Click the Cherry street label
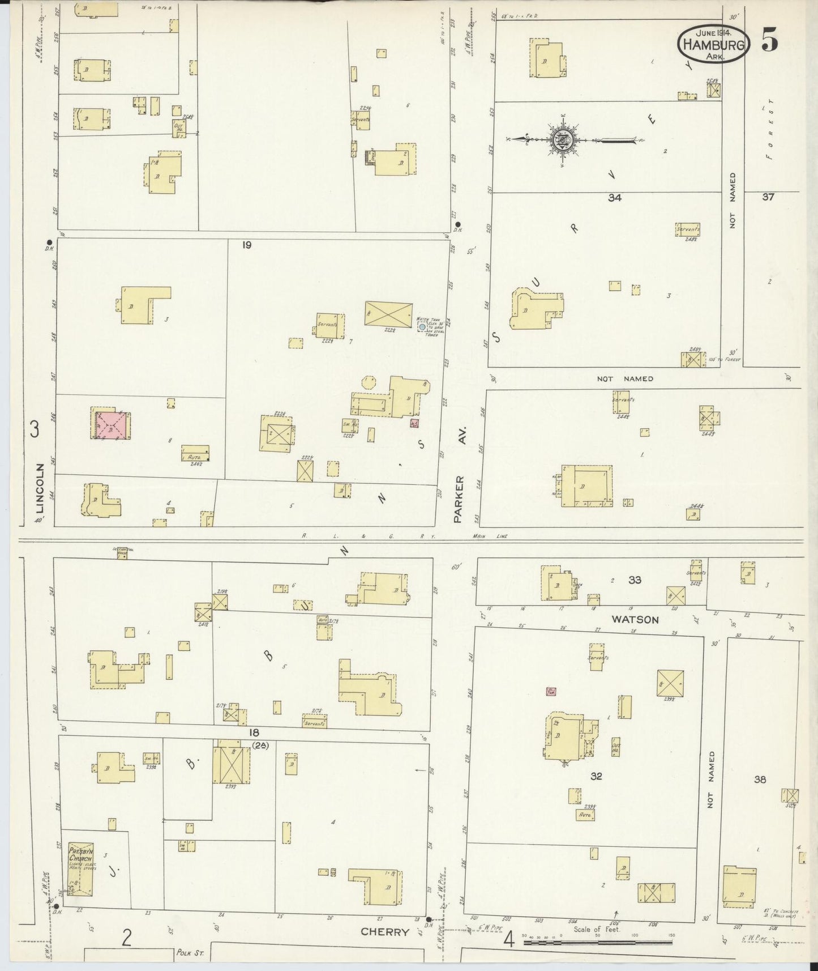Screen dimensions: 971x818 (385, 932)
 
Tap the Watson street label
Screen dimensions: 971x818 (635, 619)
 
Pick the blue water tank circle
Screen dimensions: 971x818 (422, 327)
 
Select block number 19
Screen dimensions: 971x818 (246, 245)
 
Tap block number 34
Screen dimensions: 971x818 (615, 198)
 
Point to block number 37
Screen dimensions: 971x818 (768, 197)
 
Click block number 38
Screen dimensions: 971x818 (760, 780)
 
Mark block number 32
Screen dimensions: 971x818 (596, 776)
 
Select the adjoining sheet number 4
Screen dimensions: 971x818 (508, 939)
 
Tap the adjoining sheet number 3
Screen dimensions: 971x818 (35, 430)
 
